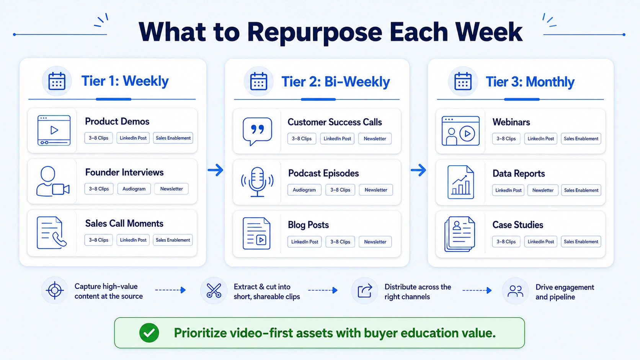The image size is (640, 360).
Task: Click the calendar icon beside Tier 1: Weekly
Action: pos(57,81)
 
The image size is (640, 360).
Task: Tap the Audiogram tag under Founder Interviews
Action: pos(134,189)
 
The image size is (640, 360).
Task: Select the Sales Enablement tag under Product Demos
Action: pos(173,138)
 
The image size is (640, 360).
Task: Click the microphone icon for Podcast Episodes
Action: pos(257,182)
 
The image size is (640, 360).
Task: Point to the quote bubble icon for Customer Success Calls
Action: pos(257,131)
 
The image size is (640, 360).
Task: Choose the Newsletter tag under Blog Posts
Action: pos(375,242)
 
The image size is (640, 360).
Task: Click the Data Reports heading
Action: pos(518,174)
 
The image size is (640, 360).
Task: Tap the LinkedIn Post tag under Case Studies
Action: pos(540,242)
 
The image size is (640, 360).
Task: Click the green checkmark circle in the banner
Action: pos(149,333)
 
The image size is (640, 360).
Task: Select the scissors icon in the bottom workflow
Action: pos(214,291)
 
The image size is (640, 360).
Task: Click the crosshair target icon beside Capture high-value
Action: pos(55,290)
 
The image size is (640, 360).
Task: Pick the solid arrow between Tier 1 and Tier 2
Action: pos(216,170)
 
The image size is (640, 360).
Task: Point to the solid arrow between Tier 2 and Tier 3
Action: pos(418,170)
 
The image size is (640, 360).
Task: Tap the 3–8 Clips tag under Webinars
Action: pos(506,139)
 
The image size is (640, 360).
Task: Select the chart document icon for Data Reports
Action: pos(460,182)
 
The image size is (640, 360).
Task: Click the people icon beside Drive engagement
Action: pos(515,291)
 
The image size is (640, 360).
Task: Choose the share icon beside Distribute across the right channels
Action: pos(365,291)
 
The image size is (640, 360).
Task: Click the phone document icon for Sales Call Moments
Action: pos(52,233)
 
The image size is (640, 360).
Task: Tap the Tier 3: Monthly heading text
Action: pos(530,82)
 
